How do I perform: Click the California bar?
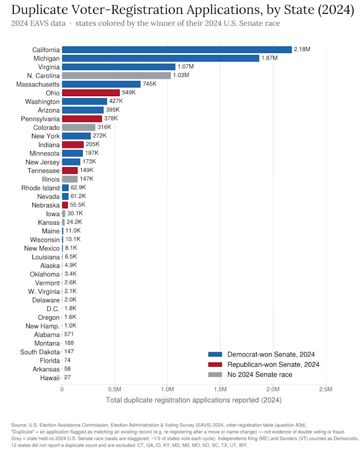[x=177, y=50]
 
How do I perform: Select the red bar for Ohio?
[x=91, y=93]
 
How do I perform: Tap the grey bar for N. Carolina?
[x=117, y=76]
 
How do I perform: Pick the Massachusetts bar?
[x=101, y=84]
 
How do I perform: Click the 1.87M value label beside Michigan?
[x=269, y=58]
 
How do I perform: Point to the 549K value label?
[x=129, y=93]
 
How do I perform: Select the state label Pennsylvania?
[x=40, y=119]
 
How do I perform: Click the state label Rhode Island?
[x=41, y=188]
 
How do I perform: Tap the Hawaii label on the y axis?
[x=50, y=378]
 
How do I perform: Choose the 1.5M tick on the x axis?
[x=220, y=389]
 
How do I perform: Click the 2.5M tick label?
[x=326, y=389]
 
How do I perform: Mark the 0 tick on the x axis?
[x=62, y=389]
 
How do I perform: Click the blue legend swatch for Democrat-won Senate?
[x=215, y=354]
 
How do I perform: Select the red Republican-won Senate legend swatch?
[x=215, y=365]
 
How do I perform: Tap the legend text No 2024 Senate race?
[x=260, y=374]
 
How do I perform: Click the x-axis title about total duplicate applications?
[x=194, y=400]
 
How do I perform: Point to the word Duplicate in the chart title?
[x=40, y=10]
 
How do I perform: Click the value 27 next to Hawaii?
[x=67, y=377]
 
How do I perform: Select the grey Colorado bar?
[x=79, y=127]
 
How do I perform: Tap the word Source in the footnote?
[x=19, y=425]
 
